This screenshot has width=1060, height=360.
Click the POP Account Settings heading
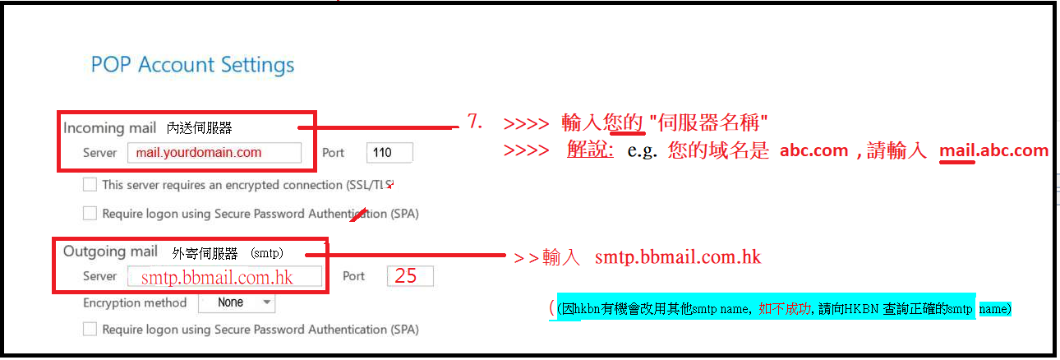click(x=192, y=65)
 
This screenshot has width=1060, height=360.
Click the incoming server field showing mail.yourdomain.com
click(x=214, y=152)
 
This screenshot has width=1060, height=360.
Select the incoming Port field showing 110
click(x=389, y=152)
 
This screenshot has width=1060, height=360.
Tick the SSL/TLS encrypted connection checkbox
click(x=90, y=185)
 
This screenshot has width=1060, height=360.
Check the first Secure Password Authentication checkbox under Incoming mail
click(x=90, y=214)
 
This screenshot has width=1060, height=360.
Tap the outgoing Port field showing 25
click(x=410, y=276)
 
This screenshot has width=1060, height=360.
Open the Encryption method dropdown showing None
click(x=237, y=302)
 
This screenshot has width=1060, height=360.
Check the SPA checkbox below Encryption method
click(x=90, y=330)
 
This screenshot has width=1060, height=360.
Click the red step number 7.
click(x=474, y=122)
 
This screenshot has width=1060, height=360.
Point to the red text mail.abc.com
click(x=994, y=150)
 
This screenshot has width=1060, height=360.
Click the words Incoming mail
click(x=109, y=128)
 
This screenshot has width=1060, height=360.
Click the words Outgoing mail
click(x=110, y=252)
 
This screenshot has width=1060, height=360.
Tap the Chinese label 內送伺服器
click(x=199, y=128)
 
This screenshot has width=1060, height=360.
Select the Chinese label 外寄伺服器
click(x=205, y=253)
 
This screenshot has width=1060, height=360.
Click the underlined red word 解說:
click(x=590, y=150)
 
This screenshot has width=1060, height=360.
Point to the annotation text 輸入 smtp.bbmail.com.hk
click(x=649, y=257)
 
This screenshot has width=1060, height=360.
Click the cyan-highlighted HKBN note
click(x=766, y=309)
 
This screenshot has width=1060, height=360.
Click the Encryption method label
click(x=135, y=302)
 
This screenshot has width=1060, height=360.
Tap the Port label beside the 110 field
click(x=333, y=153)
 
